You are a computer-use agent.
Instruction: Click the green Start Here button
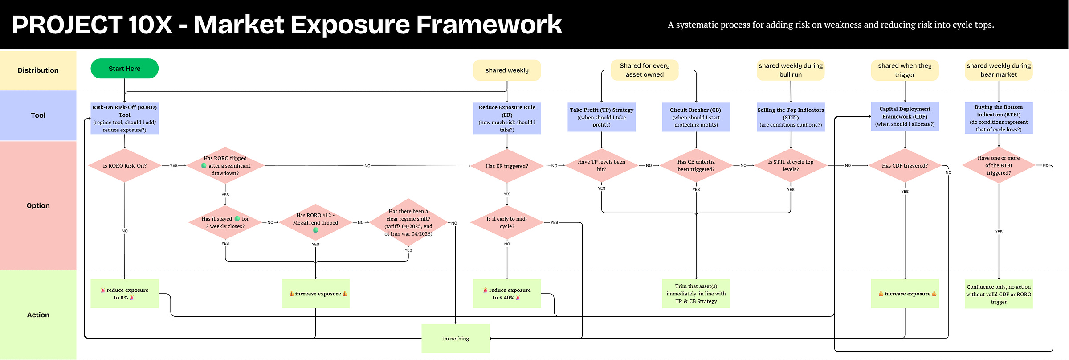[124, 69]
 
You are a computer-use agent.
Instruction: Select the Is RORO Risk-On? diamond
[125, 166]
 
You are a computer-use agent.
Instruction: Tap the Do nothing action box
[456, 339]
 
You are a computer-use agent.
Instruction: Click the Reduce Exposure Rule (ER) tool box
[507, 119]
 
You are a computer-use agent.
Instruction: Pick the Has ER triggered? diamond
[507, 166]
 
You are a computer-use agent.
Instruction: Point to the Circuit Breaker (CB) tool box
[696, 117]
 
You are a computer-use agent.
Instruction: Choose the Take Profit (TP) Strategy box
[601, 117]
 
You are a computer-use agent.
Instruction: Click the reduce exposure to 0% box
[125, 294]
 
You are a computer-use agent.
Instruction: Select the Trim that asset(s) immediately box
[696, 294]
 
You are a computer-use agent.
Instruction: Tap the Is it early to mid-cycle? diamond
[507, 222]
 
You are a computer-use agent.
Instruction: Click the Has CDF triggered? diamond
[905, 166]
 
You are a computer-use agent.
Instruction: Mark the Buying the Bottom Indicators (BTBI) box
[999, 118]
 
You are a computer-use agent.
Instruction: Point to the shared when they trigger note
[905, 70]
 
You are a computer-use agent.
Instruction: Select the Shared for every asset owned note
[645, 70]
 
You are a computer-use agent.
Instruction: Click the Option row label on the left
[38, 205]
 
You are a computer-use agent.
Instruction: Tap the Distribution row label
[38, 70]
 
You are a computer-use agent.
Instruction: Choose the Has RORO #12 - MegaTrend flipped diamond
[315, 222]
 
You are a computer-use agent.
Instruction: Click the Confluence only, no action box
[999, 294]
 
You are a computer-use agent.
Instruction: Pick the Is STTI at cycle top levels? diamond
[791, 166]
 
